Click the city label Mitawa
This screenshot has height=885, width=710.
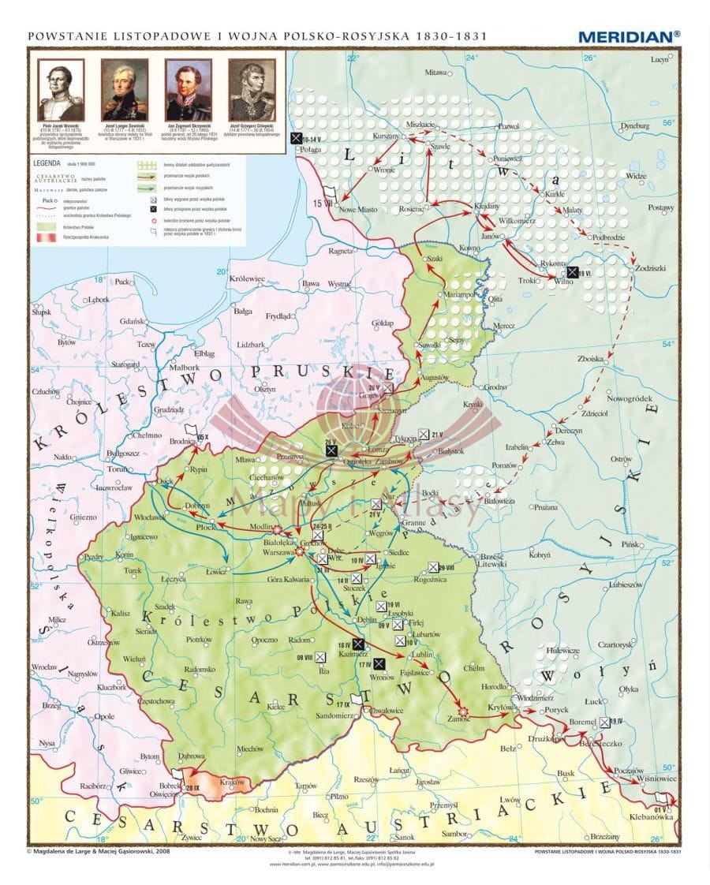(x=436, y=72)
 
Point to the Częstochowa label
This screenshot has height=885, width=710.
(x=160, y=700)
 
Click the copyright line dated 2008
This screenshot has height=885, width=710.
(x=99, y=851)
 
